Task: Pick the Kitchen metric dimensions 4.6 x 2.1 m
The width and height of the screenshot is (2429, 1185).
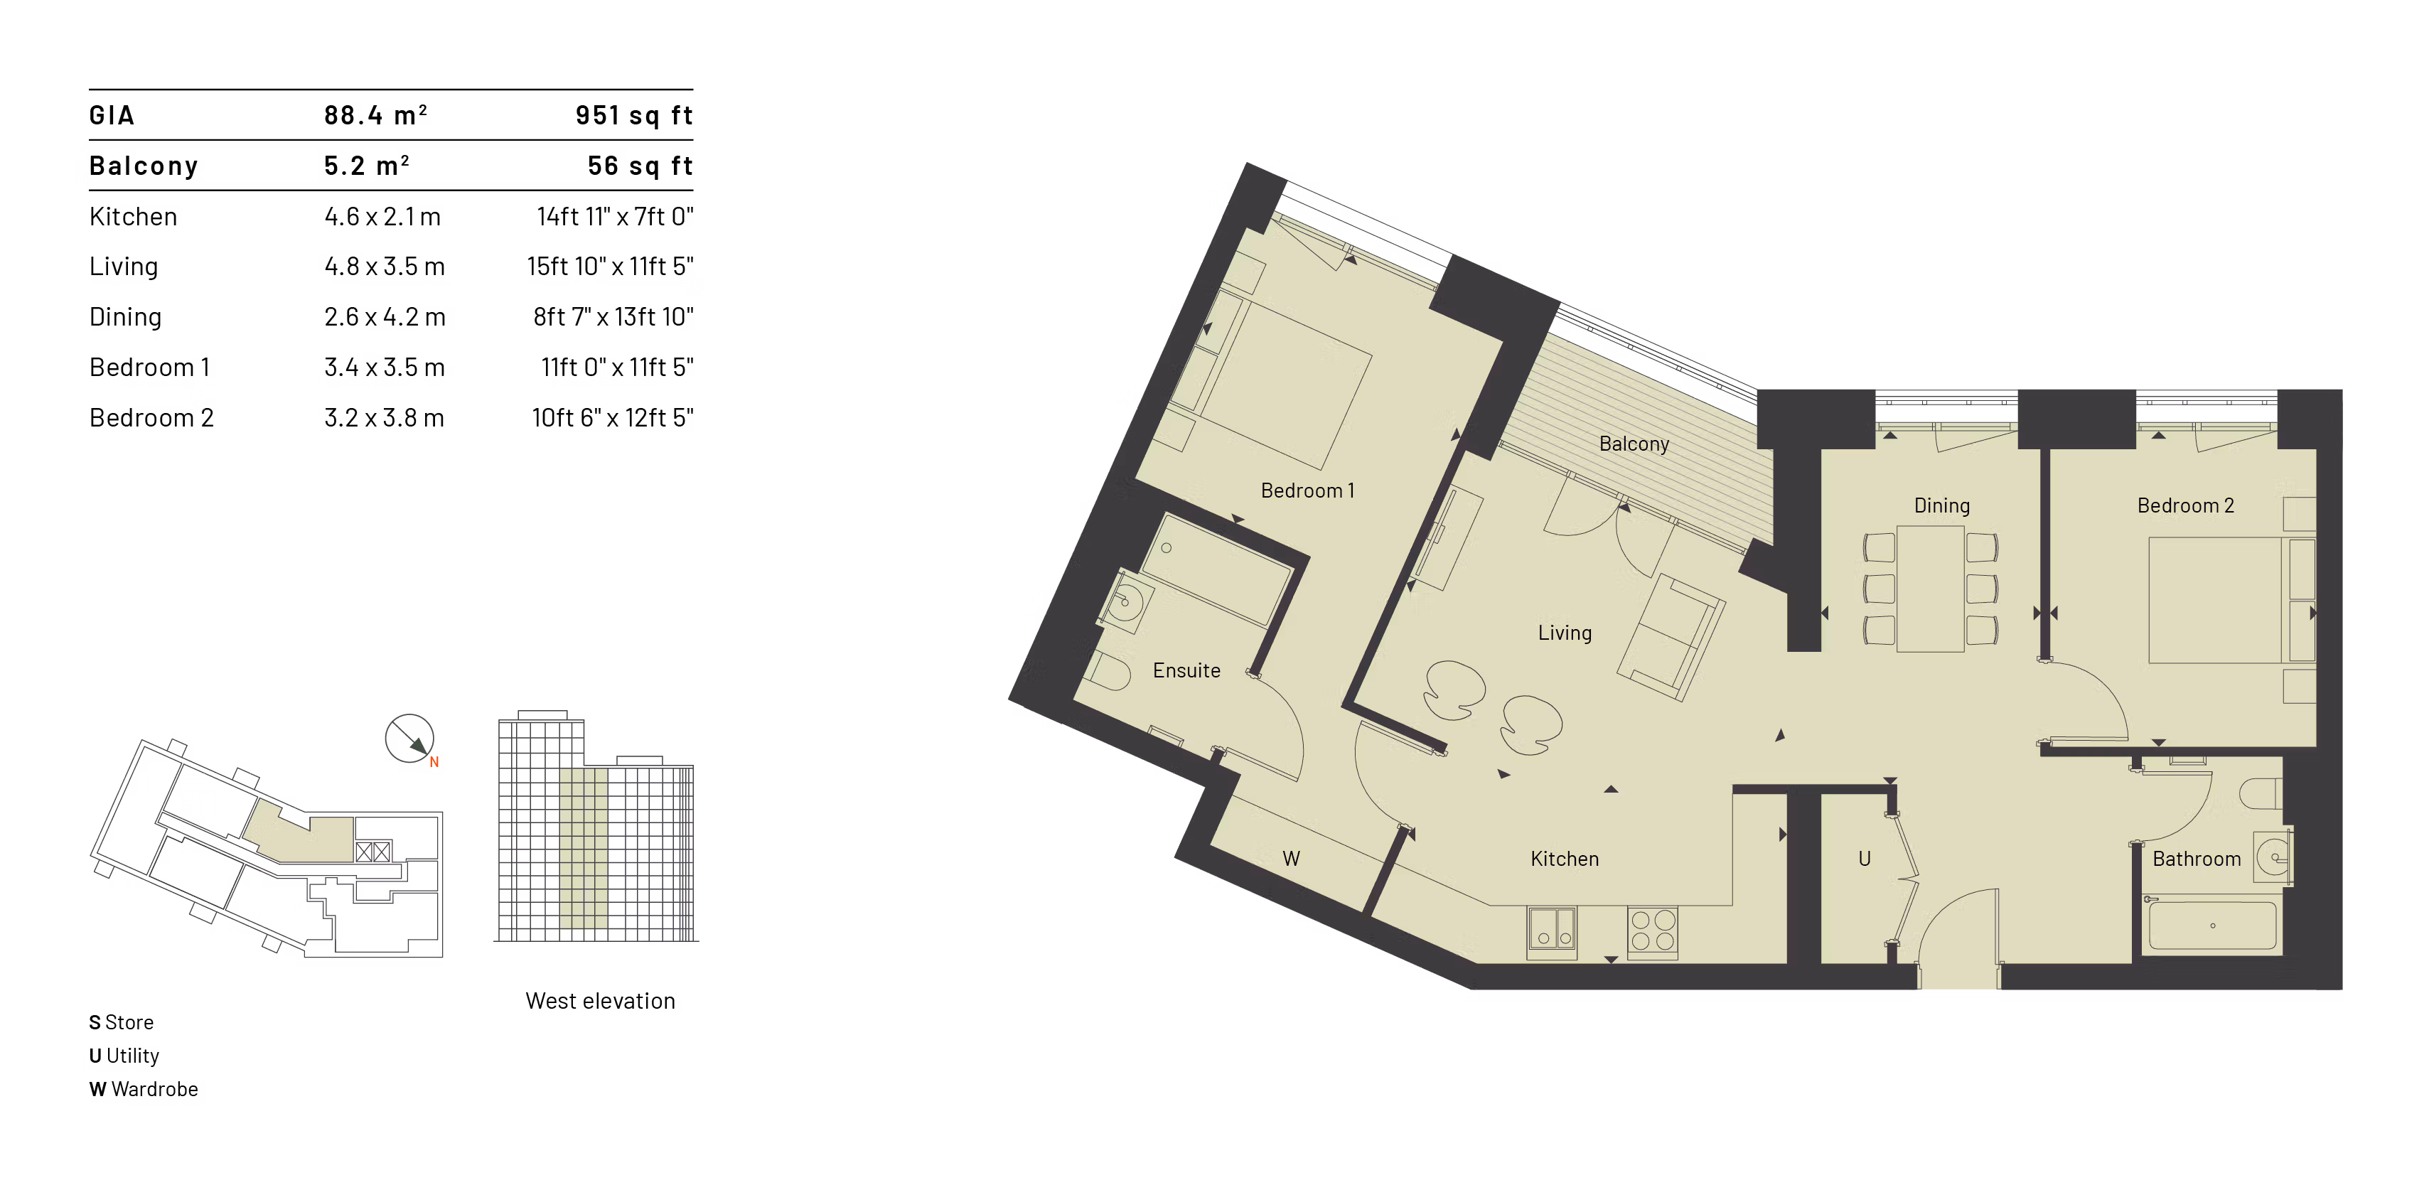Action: tap(382, 217)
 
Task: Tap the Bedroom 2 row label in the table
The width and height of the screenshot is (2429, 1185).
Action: tap(151, 417)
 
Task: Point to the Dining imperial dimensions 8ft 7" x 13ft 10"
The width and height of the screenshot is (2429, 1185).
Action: tap(613, 317)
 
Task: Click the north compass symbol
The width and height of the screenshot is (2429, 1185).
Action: tap(410, 738)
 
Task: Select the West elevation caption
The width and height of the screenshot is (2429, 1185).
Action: tap(600, 1000)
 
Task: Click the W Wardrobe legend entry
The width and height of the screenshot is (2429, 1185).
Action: tap(144, 1089)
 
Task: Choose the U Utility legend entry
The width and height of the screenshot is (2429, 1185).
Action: tap(124, 1056)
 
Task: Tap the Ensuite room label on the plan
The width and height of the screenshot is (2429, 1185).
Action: tap(1186, 670)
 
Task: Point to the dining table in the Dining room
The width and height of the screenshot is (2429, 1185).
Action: tap(1930, 589)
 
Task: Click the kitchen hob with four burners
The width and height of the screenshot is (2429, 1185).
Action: tap(1652, 931)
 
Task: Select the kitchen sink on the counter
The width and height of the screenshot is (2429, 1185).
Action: tap(1551, 931)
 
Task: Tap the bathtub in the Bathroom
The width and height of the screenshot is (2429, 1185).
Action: tap(2211, 926)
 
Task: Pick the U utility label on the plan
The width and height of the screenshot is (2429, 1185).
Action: tap(1863, 859)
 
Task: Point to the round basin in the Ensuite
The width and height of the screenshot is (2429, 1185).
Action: tap(1126, 601)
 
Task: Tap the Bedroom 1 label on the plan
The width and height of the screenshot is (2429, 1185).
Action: tap(1307, 491)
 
